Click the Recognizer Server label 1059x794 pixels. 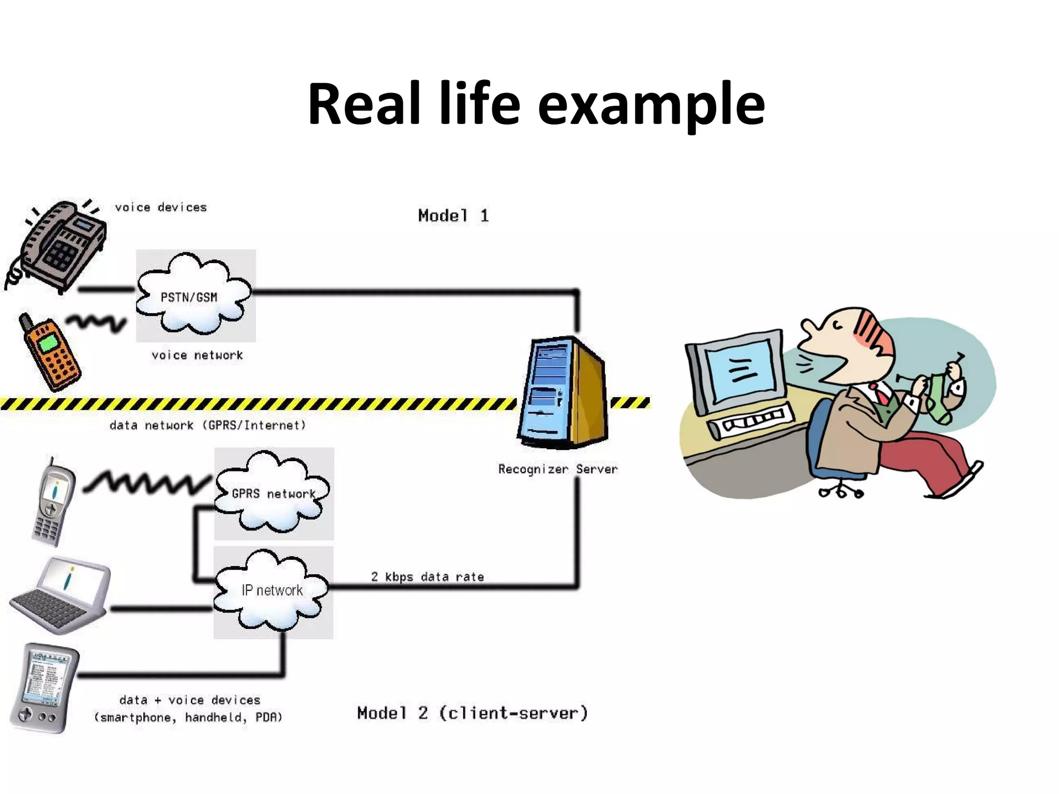click(557, 469)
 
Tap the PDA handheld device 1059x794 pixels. click(44, 688)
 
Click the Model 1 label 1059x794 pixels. click(453, 216)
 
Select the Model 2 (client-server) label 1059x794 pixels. click(472, 713)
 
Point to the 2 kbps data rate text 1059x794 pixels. click(427, 577)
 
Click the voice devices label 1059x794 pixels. click(160, 208)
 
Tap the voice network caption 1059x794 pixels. click(196, 356)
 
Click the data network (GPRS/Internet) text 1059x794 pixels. click(207, 425)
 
